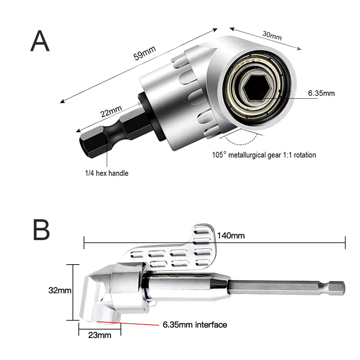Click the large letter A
[x=40, y=41]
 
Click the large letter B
[x=41, y=230]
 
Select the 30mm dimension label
[x=272, y=35]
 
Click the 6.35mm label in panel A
[x=321, y=93]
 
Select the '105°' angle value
[x=219, y=155]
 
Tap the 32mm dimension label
[x=60, y=290]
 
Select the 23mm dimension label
[x=99, y=336]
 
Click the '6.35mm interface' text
[x=195, y=325]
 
